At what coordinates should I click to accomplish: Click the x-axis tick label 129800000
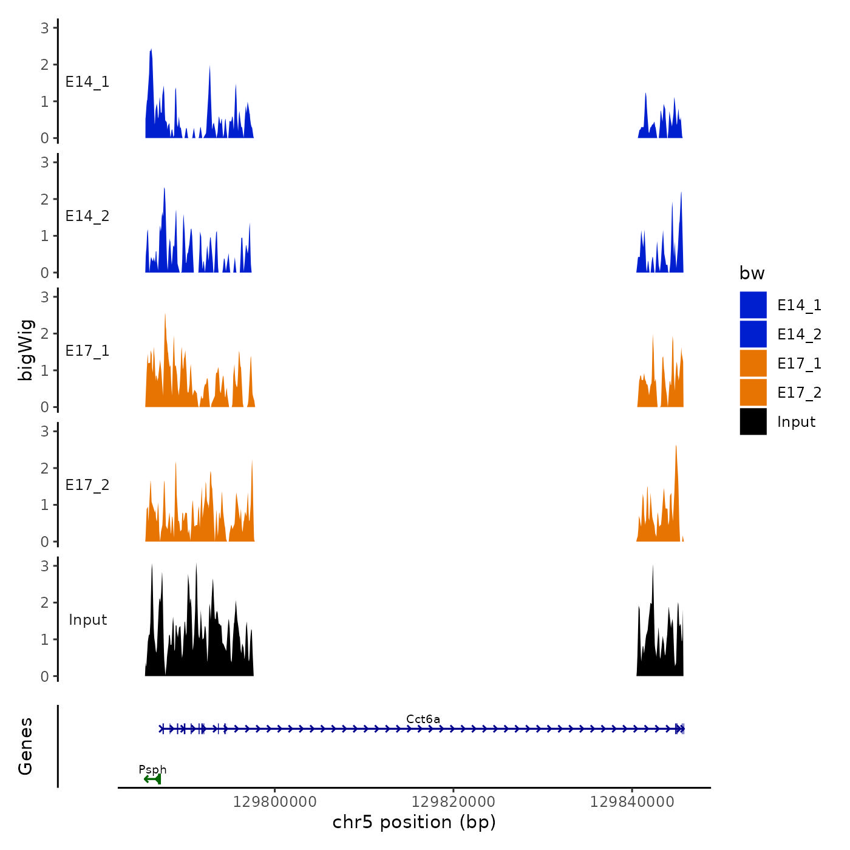point(275,802)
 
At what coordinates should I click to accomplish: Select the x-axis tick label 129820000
point(454,802)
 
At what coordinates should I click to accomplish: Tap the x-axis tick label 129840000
point(632,802)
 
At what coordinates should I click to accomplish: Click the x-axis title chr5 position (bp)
point(414,823)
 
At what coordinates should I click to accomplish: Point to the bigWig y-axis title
point(26,350)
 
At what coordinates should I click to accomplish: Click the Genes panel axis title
point(26,746)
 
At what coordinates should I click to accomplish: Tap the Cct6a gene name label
point(423,719)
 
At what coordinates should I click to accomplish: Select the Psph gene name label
point(152,770)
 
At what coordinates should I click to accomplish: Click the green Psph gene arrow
point(152,779)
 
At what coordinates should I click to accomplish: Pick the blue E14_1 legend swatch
point(753,305)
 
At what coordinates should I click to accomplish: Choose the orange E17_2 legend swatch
point(753,392)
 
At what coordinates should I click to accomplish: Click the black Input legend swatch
point(753,421)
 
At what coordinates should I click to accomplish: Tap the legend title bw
point(752,274)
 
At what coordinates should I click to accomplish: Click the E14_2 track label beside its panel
point(87,216)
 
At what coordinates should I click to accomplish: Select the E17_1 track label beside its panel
point(87,351)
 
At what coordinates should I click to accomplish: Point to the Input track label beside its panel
point(87,620)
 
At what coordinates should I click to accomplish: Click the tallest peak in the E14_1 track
point(151,52)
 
